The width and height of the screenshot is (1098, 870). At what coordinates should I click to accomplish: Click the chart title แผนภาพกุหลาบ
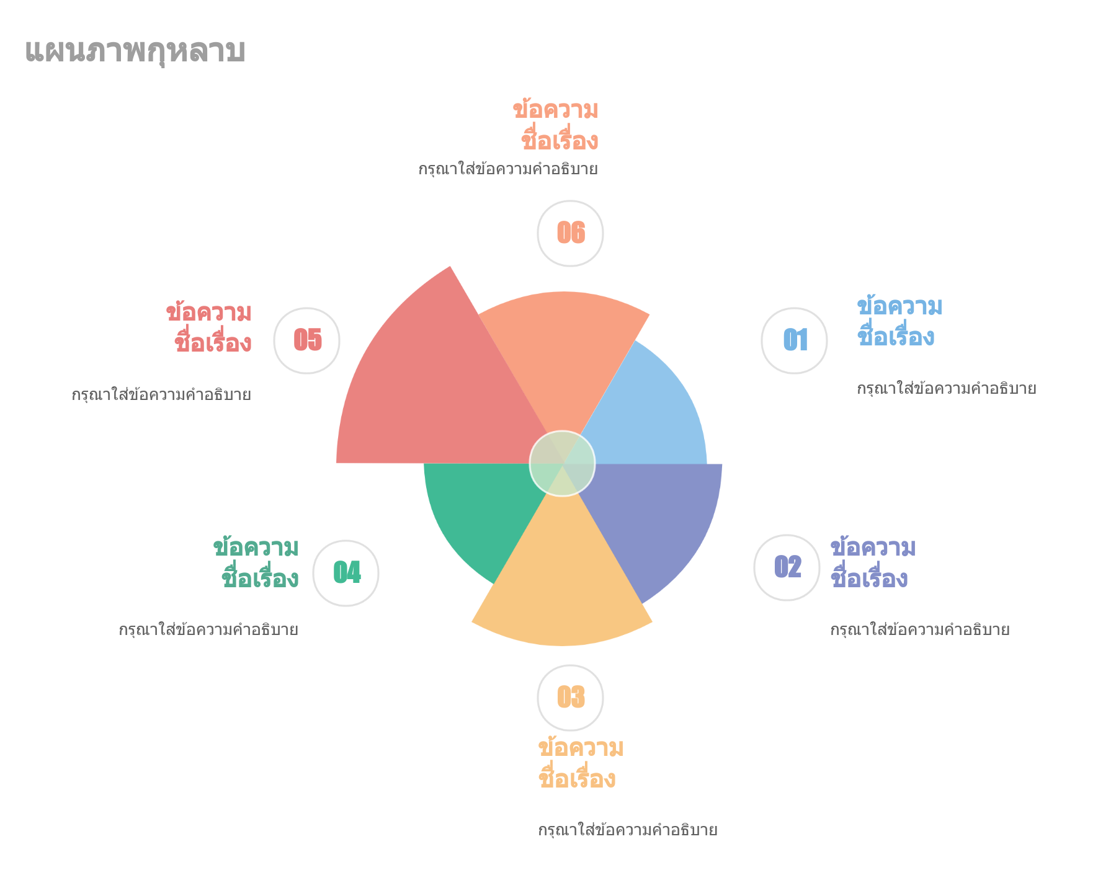point(135,51)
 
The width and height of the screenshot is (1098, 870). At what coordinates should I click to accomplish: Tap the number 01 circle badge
point(794,340)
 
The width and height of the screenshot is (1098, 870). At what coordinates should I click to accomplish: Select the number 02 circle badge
point(787,567)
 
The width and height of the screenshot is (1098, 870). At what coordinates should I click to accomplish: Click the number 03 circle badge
point(570,698)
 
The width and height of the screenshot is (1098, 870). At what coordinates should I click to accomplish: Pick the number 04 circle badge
point(346,573)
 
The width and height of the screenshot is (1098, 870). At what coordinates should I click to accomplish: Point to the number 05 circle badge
point(306,340)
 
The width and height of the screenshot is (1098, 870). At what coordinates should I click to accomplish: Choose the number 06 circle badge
point(570,233)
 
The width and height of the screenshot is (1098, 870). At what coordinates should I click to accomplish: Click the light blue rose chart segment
point(645,409)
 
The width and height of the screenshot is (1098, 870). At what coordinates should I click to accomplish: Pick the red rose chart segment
point(434,391)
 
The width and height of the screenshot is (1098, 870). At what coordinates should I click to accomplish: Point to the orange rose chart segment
point(562,353)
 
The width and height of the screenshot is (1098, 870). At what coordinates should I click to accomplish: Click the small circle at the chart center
point(562,464)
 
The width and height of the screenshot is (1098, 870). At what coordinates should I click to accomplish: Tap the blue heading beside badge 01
point(899,322)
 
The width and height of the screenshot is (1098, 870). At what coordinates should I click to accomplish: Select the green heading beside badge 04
point(256,563)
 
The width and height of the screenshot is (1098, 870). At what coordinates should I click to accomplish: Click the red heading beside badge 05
point(209,327)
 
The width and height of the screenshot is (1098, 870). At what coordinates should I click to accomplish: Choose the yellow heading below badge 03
point(581,763)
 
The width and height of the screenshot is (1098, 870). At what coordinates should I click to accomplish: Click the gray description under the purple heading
point(920,630)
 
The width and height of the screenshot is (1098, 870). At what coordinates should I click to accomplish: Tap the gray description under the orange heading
point(508,169)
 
